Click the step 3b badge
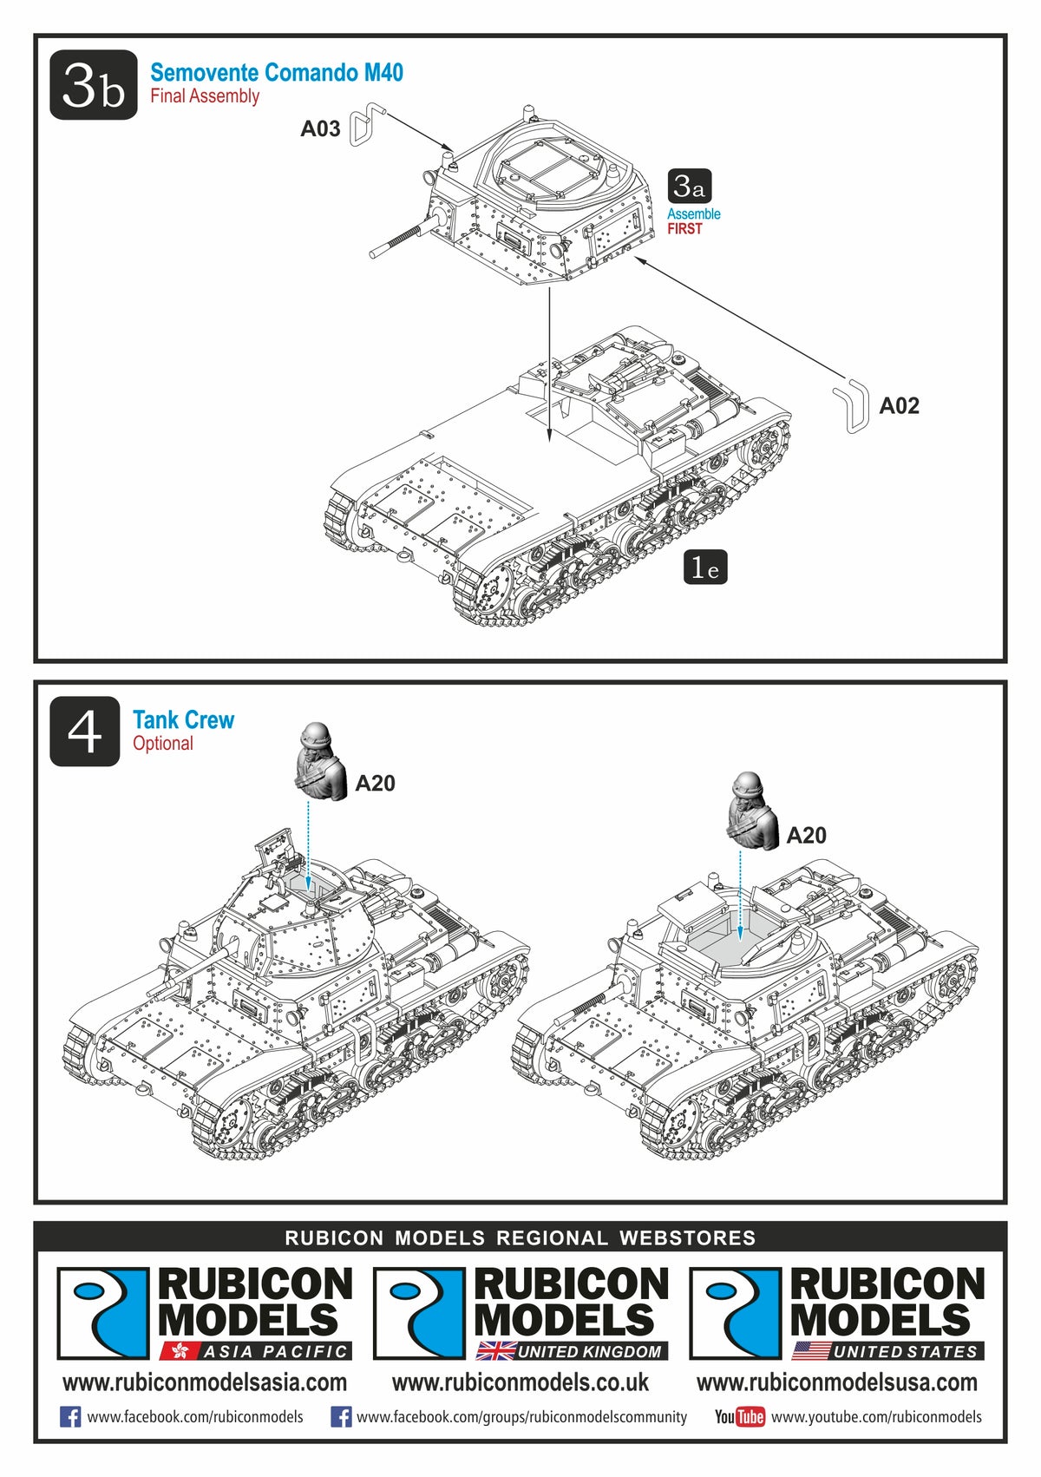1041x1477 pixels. (93, 85)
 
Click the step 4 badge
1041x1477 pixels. (84, 732)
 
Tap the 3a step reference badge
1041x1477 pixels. (690, 186)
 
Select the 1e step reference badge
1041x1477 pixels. (704, 568)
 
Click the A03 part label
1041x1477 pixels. (320, 129)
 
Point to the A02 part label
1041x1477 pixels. (899, 406)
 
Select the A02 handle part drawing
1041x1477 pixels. (852, 405)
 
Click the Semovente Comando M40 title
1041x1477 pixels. (277, 73)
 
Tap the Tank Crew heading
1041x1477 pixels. (183, 720)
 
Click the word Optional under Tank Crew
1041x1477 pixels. (163, 744)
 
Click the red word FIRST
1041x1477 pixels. (684, 229)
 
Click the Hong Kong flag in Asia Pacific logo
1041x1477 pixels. (180, 1351)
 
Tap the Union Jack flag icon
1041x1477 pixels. (496, 1351)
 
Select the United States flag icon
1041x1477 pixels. (811, 1351)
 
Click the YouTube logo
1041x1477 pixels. (739, 1417)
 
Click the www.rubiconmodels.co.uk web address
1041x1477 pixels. (520, 1382)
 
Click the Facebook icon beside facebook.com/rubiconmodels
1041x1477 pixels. (70, 1417)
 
